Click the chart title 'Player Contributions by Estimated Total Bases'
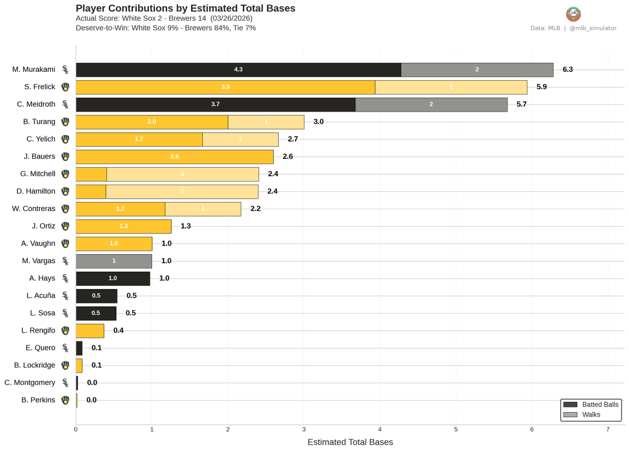tap(185, 8)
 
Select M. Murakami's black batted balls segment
tap(238, 70)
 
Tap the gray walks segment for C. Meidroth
tap(431, 104)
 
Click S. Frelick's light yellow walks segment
tap(451, 87)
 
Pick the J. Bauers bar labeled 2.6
tap(175, 157)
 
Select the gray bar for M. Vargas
tap(114, 261)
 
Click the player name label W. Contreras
tap(34, 209)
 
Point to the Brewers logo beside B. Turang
tap(65, 122)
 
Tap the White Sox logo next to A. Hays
tap(65, 278)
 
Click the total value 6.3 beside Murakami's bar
tap(568, 70)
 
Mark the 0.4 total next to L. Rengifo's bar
tap(118, 330)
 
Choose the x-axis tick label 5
tap(456, 429)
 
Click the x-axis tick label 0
tap(76, 429)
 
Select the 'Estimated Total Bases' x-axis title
tap(350, 442)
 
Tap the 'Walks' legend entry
tap(591, 415)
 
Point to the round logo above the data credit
tap(573, 14)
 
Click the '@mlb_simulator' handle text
tap(592, 28)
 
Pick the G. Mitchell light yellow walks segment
tap(182, 174)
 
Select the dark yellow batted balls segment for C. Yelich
tap(139, 139)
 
